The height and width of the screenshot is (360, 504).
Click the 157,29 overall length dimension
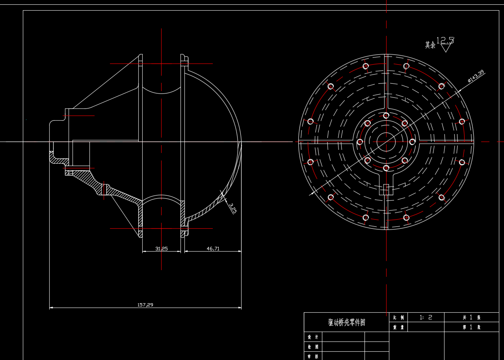click(145, 305)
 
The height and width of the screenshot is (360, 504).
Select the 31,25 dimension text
click(162, 249)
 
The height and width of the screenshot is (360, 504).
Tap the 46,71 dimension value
click(213, 249)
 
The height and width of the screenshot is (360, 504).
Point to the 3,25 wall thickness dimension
click(232, 208)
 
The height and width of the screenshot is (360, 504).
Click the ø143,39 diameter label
click(476, 76)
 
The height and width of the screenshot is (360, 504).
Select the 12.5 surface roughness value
click(445, 40)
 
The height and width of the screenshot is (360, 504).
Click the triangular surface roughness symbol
click(446, 48)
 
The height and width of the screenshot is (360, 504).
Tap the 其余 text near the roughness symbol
click(430, 45)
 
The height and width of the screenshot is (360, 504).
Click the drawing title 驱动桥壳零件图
click(346, 323)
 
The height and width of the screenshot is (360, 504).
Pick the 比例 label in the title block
click(398, 317)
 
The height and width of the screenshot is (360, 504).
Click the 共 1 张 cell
click(471, 317)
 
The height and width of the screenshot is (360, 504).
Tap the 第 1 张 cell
click(471, 327)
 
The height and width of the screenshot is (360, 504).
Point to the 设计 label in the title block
click(313, 337)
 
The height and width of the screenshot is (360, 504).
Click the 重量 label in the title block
click(398, 327)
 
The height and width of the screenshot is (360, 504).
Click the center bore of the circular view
click(386, 142)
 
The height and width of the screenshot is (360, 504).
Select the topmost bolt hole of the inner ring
click(386, 116)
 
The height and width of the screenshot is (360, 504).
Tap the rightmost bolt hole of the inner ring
click(412, 142)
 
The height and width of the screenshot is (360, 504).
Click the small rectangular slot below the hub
click(386, 189)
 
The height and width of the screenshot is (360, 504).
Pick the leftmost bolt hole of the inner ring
click(360, 142)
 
